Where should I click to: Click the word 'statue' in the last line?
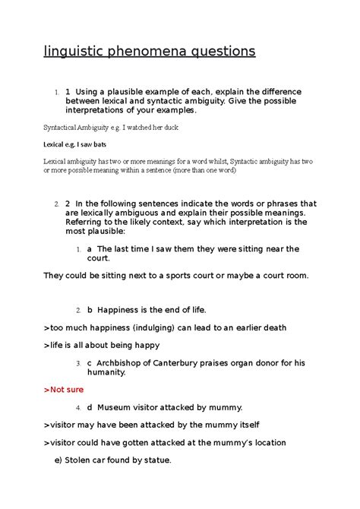click(156, 460)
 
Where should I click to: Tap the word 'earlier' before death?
click(239, 327)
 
